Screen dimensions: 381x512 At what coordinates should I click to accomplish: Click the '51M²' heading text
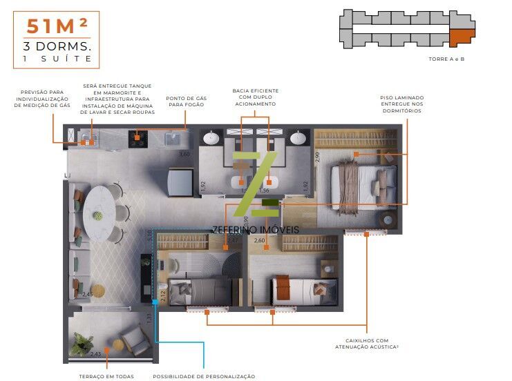pos(57,26)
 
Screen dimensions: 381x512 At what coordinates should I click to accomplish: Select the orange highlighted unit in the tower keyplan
pos(460,38)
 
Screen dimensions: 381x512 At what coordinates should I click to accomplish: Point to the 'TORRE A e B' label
pos(446,59)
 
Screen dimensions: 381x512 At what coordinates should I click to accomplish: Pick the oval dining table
pos(98,211)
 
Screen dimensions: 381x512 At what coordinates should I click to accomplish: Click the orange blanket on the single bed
pos(283,288)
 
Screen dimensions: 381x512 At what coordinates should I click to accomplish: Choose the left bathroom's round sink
pos(211,138)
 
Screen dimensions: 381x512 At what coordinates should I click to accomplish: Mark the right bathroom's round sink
pos(298,138)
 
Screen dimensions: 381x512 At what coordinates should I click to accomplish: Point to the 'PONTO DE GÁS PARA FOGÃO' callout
pos(187,101)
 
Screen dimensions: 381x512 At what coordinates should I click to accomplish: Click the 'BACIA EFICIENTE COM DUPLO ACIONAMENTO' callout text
pos(255,97)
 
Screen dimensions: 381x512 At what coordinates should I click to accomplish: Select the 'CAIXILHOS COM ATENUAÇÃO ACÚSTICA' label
pos(366,344)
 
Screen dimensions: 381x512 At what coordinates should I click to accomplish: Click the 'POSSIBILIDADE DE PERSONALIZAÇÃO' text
pos(204,376)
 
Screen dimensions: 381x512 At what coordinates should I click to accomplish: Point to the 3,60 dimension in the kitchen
pos(184,154)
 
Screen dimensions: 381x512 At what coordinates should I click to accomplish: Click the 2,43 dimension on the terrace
pos(95,355)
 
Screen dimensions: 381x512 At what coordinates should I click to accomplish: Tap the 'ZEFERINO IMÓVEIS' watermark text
pos(256,228)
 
